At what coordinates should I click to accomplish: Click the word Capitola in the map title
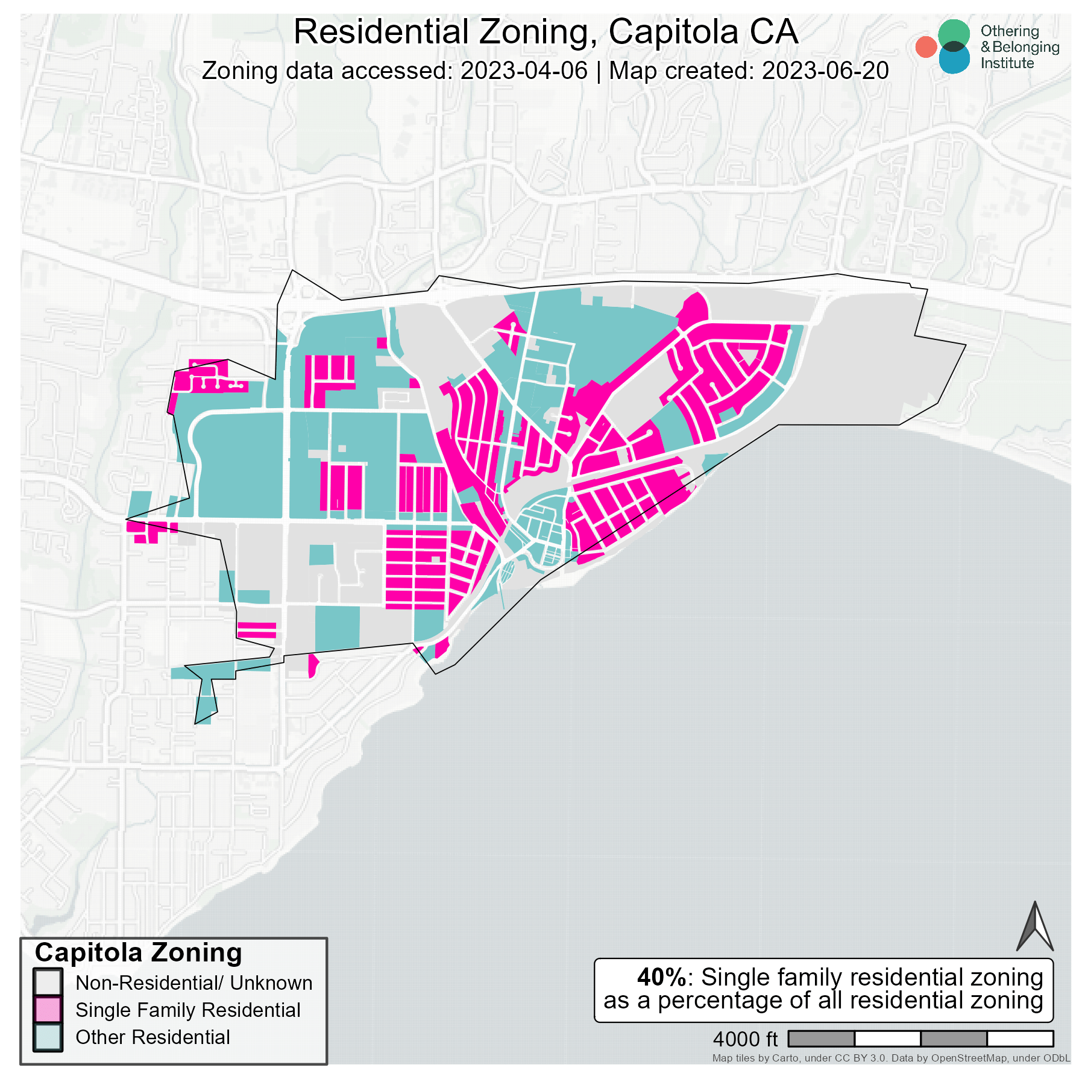[x=673, y=32]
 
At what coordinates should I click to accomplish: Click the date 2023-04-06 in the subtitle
[x=523, y=71]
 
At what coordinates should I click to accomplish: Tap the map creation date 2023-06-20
[x=825, y=71]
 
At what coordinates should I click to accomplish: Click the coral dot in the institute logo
[x=925, y=47]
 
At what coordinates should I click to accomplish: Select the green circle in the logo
[x=954, y=33]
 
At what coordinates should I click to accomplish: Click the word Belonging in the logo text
[x=1025, y=47]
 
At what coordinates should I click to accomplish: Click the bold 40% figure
[x=661, y=977]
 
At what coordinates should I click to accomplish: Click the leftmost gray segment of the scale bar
[x=821, y=1039]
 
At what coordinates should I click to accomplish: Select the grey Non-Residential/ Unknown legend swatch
[x=48, y=983]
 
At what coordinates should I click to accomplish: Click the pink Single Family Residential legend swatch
[x=48, y=1010]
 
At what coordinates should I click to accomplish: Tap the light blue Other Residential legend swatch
[x=48, y=1037]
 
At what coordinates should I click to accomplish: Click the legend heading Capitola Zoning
[x=138, y=953]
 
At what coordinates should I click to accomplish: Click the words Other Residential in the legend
[x=153, y=1037]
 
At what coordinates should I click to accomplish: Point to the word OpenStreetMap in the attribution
[x=969, y=1058]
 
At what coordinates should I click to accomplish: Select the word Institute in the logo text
[x=1007, y=63]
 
